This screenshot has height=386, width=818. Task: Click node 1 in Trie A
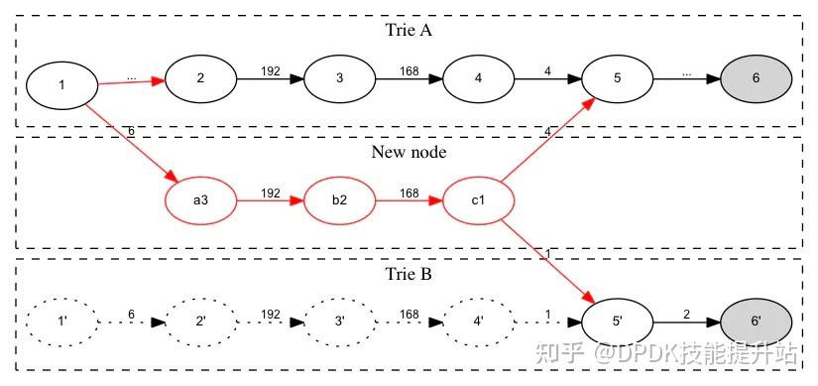click(61, 85)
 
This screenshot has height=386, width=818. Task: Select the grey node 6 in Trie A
click(756, 77)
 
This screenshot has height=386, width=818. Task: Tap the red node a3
click(200, 199)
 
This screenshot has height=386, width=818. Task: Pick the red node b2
click(339, 199)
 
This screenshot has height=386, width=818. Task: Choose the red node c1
click(478, 199)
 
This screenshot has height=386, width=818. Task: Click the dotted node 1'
click(61, 322)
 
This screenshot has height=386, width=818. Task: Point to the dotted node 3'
click(339, 322)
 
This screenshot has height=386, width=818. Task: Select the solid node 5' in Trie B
click(617, 322)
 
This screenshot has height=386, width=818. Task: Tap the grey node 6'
click(756, 322)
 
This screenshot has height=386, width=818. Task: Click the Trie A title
click(409, 29)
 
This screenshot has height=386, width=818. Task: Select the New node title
click(409, 152)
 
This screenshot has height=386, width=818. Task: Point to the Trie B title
click(409, 272)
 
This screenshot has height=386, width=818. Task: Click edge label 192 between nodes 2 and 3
click(270, 70)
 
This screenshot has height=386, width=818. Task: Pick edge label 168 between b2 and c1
click(409, 193)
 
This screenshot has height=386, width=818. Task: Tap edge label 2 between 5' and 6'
click(686, 315)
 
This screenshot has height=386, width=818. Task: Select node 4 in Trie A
click(478, 77)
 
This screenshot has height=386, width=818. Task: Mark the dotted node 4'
click(478, 322)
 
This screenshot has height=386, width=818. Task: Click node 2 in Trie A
click(200, 77)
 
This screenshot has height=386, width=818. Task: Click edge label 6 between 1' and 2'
click(131, 315)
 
